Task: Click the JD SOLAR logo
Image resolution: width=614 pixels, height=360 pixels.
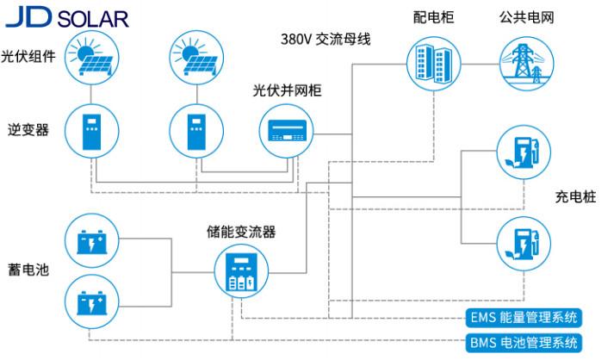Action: [x=66, y=16]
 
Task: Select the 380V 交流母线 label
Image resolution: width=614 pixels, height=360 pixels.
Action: [x=325, y=40]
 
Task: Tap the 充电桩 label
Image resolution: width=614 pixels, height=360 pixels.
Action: [x=574, y=197]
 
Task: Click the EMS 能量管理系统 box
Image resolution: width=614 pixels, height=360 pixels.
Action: [x=524, y=316]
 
